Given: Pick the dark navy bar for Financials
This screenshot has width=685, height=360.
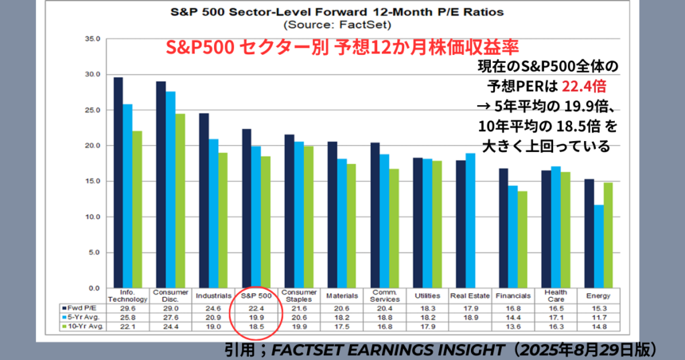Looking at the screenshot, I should point(503,228).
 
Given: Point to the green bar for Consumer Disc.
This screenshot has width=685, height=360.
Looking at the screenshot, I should point(181,201).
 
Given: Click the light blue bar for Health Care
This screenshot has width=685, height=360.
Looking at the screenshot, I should point(555,228).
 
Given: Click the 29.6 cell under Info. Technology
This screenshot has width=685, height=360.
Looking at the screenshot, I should point(127,307).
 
